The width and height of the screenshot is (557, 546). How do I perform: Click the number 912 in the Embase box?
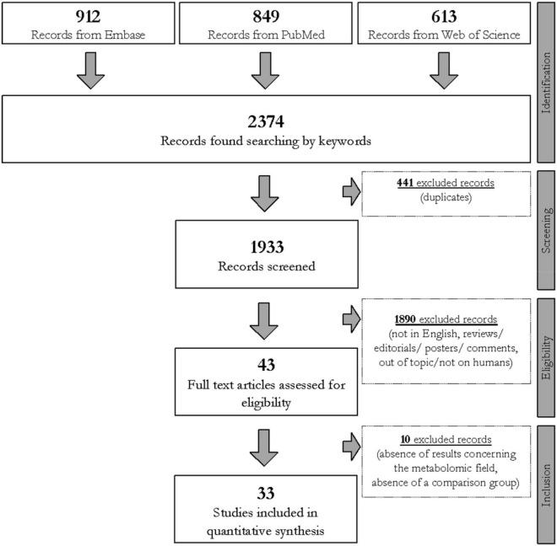89,18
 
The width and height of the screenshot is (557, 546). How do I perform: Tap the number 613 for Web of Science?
436,18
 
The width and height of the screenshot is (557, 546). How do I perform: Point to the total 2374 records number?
266,115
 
